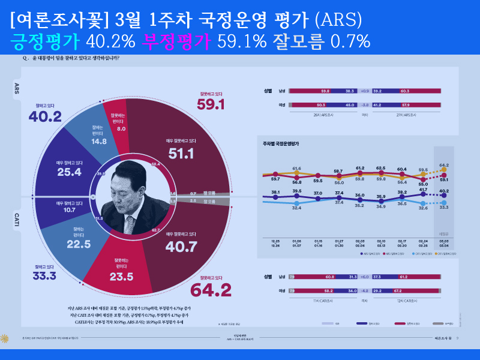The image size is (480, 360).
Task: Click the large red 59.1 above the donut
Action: (x=211, y=104)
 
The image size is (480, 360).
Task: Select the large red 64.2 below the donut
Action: (x=211, y=290)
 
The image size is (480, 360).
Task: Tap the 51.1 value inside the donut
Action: (x=181, y=154)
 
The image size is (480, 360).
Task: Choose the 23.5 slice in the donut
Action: (x=121, y=277)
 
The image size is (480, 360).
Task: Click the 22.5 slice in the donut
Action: (x=79, y=244)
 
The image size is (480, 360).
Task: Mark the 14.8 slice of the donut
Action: (x=100, y=142)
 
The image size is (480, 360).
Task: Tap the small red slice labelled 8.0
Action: (x=121, y=128)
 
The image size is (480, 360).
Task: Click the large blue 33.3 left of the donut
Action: (x=44, y=275)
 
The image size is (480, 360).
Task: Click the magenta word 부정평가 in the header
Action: (x=175, y=41)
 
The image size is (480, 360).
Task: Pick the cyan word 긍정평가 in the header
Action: (x=46, y=41)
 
